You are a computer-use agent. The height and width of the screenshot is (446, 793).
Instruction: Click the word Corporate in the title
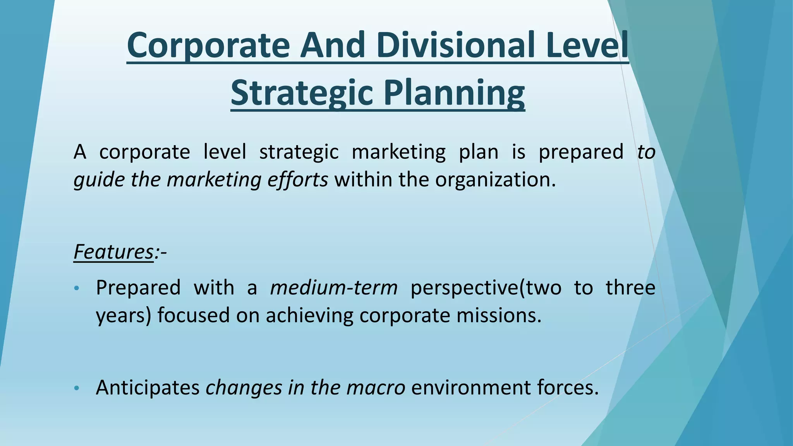208,46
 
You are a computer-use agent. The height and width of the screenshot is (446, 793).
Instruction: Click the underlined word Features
113,252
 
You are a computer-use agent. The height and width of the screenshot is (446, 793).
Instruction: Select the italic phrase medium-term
334,288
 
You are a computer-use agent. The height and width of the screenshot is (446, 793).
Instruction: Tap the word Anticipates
148,388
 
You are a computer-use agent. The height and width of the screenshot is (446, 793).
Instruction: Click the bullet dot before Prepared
77,288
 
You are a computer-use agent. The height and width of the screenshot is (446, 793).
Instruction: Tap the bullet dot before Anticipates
77,388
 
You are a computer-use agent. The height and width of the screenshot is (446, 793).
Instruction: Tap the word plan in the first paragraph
479,152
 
